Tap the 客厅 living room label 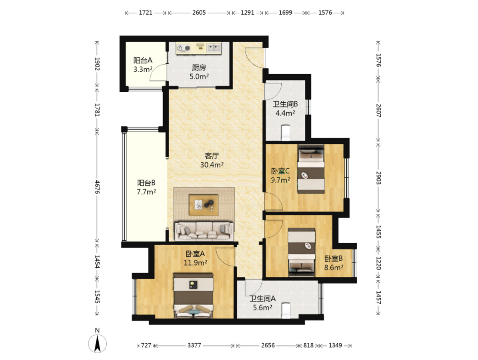[212, 156]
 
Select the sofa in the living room [204, 231]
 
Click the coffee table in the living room [204, 205]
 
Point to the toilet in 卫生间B [286, 133]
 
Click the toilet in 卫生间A [286, 310]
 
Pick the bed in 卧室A [193, 295]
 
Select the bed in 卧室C [311, 169]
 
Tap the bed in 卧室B [302, 252]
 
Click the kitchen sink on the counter [214, 48]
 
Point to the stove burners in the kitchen [183, 48]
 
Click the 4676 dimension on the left [97, 186]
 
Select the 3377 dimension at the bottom [194, 345]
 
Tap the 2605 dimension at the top [199, 13]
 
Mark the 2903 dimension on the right [378, 178]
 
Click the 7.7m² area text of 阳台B [146, 192]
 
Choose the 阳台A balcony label [143, 60]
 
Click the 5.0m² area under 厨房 [199, 76]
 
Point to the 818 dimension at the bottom [309, 345]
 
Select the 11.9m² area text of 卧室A [195, 262]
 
